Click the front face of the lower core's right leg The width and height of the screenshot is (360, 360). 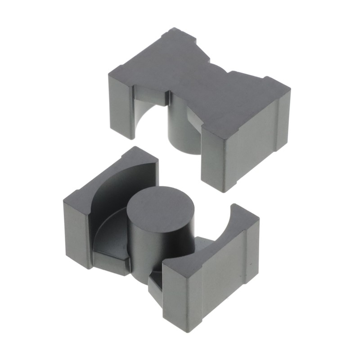pos(180,297)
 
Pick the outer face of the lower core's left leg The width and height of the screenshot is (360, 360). pos(76,234)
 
